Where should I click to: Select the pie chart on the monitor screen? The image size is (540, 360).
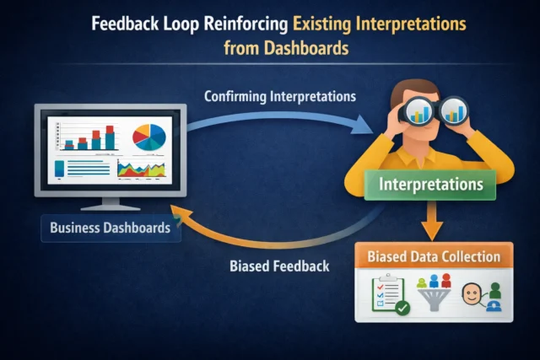tap(150, 136)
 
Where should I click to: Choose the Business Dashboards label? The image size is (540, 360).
tap(110, 228)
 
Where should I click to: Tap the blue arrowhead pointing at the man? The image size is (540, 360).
tap(363, 126)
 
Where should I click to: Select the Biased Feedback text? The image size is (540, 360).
tap(279, 266)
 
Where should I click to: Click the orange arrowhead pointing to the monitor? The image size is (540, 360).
tap(180, 210)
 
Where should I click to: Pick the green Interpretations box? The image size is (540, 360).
tap(430, 183)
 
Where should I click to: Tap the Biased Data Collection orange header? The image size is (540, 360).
tap(434, 255)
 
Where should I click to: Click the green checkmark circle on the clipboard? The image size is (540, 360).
tap(402, 308)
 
